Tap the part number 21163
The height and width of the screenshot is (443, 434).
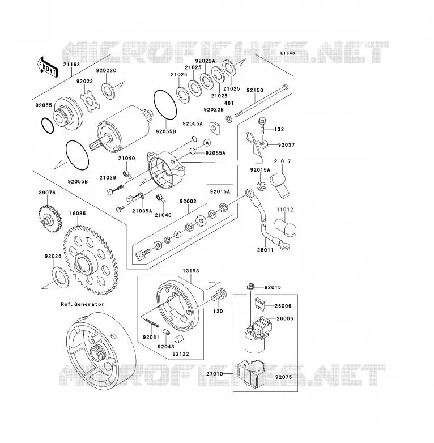tap(71, 65)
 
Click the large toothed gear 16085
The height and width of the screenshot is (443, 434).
tap(91, 260)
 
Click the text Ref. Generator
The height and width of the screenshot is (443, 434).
tap(83, 304)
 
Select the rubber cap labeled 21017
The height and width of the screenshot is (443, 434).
tap(280, 185)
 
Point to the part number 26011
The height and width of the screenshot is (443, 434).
tap(265, 250)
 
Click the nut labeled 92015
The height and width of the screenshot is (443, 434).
tap(250, 287)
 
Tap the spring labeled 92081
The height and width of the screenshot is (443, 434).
tap(152, 323)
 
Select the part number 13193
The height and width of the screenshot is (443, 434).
tap(191, 271)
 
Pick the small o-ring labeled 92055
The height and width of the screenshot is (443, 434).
tap(48, 125)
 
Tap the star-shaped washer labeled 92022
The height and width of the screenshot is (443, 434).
tap(90, 100)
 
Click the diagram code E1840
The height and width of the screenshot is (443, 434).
tap(288, 53)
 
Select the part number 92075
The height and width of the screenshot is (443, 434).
tap(283, 377)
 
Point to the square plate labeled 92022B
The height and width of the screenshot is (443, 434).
tap(216, 127)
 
